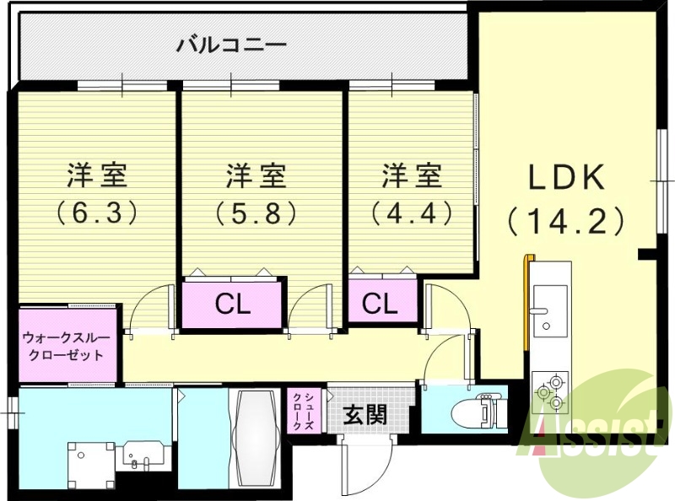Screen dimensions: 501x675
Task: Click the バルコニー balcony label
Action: click(231, 45)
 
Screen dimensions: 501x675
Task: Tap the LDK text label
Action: click(566, 178)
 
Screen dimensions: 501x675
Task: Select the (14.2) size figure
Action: click(566, 221)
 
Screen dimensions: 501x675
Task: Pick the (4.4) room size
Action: click(412, 213)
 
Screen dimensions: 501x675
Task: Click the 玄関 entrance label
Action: click(364, 415)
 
